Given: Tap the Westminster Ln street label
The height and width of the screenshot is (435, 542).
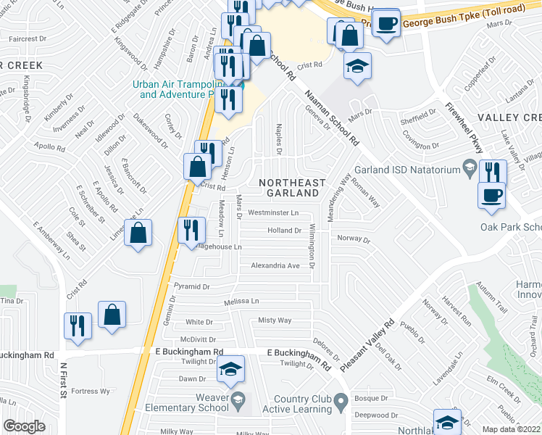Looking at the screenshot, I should click(273, 213).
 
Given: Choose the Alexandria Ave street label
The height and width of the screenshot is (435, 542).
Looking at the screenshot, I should click(275, 266).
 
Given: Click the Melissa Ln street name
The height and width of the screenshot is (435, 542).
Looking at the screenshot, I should click(241, 301).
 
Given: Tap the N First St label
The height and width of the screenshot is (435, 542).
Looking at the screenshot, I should click(63, 381).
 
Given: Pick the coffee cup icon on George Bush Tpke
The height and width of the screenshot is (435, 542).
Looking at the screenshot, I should click(387, 22).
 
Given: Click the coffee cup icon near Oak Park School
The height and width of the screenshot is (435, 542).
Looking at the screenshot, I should click(492, 194).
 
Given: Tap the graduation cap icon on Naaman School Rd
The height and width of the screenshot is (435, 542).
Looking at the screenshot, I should click(357, 67).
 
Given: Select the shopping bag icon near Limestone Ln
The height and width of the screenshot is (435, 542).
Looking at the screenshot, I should click(138, 233).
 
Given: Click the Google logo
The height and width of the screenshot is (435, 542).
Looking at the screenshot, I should click(24, 426).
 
